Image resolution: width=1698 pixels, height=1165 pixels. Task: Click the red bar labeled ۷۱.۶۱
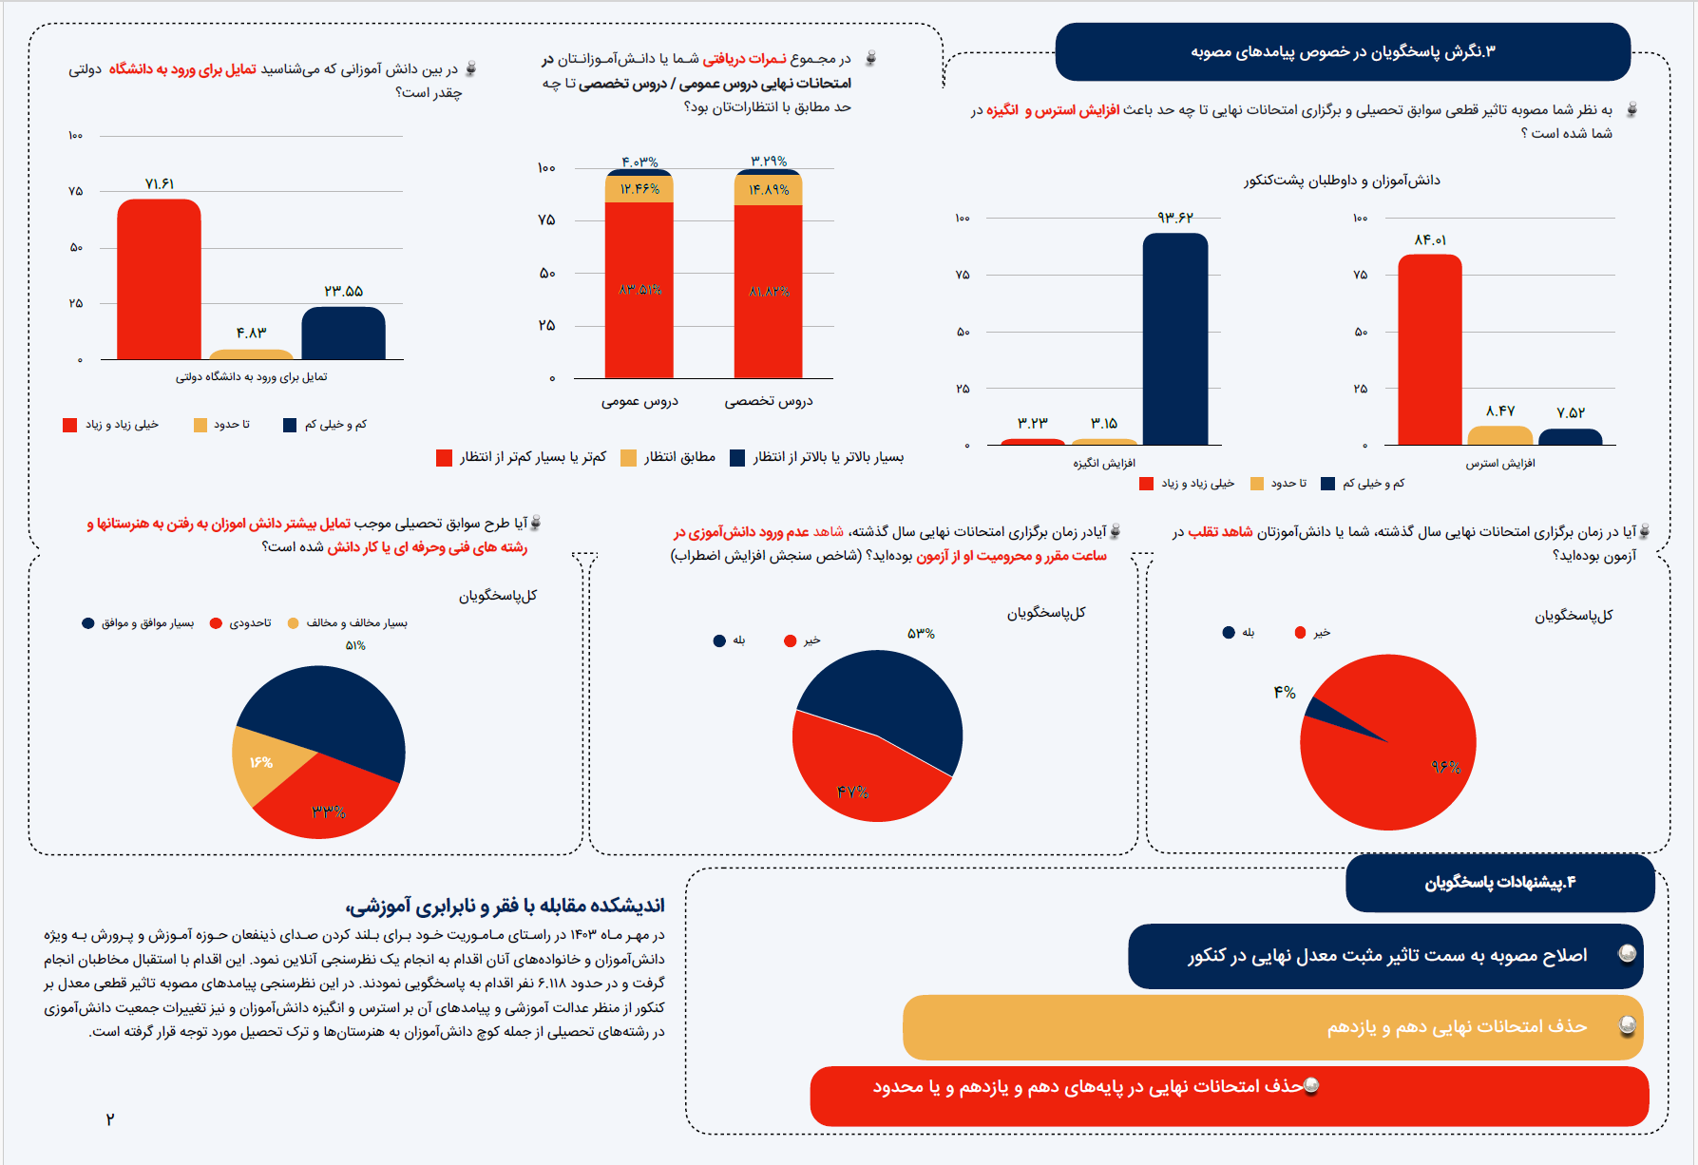159,280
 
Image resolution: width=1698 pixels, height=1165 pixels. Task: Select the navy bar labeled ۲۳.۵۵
343,334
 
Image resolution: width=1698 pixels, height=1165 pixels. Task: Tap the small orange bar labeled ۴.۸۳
251,354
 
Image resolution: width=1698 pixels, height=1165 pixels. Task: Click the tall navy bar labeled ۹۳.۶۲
1174,339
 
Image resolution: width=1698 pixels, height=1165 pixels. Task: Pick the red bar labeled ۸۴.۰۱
1429,350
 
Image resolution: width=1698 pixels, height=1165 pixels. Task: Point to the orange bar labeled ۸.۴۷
1499,435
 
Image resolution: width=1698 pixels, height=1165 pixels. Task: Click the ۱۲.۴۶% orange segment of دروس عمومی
639,189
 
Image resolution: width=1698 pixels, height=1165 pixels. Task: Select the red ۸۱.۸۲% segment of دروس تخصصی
768,291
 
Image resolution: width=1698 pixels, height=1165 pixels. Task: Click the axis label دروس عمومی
639,401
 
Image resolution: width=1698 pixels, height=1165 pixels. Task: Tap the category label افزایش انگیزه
1104,463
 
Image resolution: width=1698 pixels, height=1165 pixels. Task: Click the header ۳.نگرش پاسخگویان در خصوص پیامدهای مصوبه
1342,51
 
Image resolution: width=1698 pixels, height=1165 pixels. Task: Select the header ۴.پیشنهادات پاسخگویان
1499,883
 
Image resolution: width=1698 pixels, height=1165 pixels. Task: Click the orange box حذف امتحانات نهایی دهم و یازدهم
1271,1027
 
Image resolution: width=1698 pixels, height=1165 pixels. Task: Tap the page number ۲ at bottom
110,1119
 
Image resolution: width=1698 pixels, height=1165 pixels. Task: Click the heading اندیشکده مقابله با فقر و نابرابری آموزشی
505,905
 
